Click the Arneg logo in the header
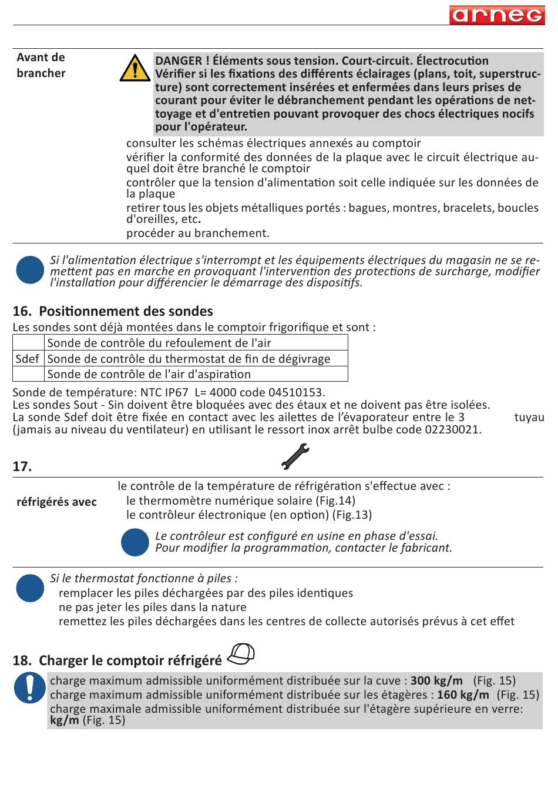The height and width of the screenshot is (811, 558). pyautogui.click(x=497, y=15)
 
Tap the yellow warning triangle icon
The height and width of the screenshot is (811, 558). pyautogui.click(x=135, y=69)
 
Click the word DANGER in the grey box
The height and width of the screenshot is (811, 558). pyautogui.click(x=179, y=61)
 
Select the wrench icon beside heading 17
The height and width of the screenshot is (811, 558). pyautogui.click(x=295, y=457)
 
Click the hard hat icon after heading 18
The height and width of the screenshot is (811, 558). pyautogui.click(x=241, y=654)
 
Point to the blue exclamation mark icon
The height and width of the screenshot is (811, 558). pyautogui.click(x=30, y=687)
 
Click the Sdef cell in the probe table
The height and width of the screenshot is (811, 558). pyautogui.click(x=28, y=359)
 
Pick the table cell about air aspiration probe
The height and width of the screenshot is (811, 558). pyautogui.click(x=149, y=374)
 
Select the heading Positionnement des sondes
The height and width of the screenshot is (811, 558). pyautogui.click(x=126, y=311)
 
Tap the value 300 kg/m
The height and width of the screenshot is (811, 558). pyautogui.click(x=436, y=680)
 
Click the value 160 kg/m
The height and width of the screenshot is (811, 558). pyautogui.click(x=463, y=695)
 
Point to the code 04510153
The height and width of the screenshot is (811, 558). pyautogui.click(x=295, y=392)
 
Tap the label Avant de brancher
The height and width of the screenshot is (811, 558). pyautogui.click(x=41, y=65)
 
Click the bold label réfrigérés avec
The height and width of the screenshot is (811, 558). pyautogui.click(x=56, y=502)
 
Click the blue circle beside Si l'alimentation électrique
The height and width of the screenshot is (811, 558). pyautogui.click(x=30, y=270)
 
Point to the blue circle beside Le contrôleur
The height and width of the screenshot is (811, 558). pyautogui.click(x=135, y=542)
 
